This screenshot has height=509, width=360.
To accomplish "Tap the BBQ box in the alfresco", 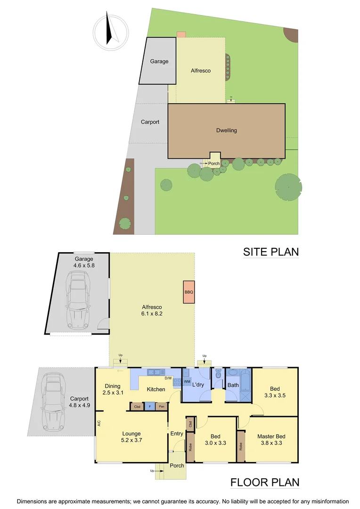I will tap(189, 292).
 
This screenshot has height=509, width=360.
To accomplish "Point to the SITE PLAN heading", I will tap(270, 252).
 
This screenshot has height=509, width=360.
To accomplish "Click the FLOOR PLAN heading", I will tap(264, 482).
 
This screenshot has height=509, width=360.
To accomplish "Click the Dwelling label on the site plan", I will tap(226, 131).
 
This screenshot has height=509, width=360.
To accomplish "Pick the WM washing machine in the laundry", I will tap(187, 381).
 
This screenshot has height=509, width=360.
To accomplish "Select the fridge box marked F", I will tap(149, 406).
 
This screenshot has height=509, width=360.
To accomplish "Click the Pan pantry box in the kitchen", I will tap(162, 406).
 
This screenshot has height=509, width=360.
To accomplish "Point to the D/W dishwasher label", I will tap(168, 378).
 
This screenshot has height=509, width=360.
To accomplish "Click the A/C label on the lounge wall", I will tap(99, 423).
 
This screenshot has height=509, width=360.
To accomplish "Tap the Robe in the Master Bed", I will tap(241, 445).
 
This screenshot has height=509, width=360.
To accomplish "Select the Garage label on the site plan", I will tap(159, 61).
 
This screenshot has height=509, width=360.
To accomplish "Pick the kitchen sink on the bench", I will tap(154, 372).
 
